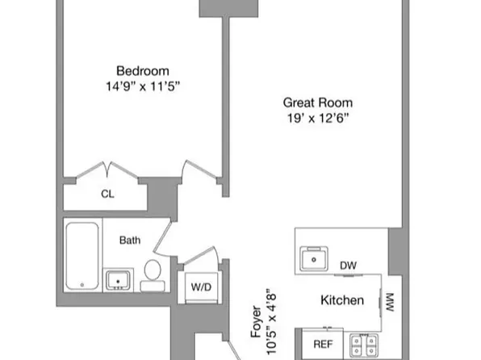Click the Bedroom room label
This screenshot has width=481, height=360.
143,71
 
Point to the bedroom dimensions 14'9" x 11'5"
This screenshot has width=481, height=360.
142,86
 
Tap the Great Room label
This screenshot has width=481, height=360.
318,103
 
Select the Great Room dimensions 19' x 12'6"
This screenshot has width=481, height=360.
318,118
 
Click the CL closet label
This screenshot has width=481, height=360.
107,194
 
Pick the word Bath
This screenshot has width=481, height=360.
130,240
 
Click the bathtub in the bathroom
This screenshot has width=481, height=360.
82,256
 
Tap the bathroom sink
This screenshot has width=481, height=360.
118,280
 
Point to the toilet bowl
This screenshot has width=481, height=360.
153,270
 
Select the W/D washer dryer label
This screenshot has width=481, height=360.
201,287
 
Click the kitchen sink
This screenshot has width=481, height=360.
314,258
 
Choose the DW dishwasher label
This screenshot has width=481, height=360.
348,266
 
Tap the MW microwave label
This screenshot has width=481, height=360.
389,303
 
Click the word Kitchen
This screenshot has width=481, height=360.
342,299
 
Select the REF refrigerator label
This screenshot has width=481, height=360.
324,344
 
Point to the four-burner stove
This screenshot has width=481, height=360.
364,345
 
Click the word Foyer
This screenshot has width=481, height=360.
256,321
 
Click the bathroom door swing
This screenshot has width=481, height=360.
162,237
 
